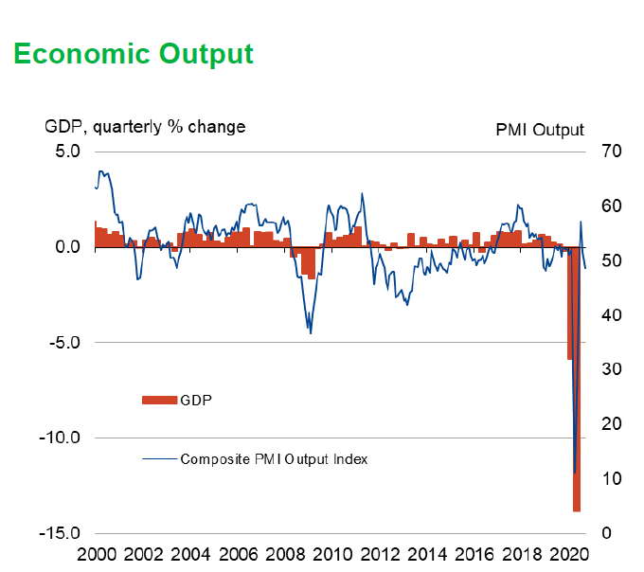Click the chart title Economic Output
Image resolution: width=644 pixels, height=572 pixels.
tap(134, 54)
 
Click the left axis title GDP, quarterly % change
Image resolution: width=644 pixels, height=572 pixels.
tap(145, 127)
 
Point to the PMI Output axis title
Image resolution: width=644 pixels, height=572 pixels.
tap(540, 130)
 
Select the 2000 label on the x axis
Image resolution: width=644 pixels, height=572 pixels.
tap(95, 554)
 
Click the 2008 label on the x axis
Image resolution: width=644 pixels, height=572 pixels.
tap(285, 554)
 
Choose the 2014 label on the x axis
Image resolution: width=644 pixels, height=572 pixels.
tap(428, 554)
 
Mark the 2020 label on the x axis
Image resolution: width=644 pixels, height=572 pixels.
tap(570, 554)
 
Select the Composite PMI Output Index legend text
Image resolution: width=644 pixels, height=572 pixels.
tap(274, 459)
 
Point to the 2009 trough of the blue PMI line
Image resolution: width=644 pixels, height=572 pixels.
tap(311, 332)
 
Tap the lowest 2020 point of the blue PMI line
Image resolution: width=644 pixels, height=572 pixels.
tap(574, 472)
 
